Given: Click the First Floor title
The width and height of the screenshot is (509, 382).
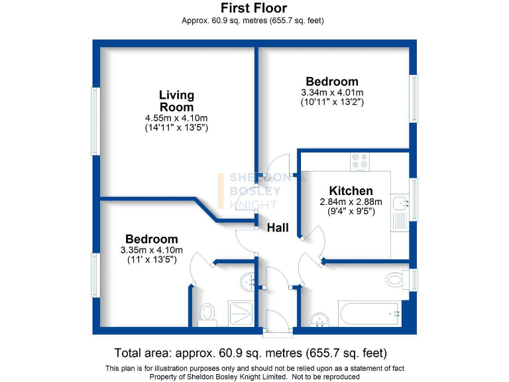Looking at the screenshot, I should tap(254, 8).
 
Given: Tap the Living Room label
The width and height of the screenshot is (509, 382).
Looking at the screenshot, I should tap(176, 101).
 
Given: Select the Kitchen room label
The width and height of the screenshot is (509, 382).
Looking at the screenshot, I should tap(351, 190).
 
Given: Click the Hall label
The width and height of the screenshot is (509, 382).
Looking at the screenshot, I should tap(278, 227).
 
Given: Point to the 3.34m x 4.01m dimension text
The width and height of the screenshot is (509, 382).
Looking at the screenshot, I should tap(332, 92).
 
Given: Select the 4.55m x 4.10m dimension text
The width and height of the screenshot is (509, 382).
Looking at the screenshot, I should tap(176, 118).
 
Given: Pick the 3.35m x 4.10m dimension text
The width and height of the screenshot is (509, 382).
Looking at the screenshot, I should tap(152, 250).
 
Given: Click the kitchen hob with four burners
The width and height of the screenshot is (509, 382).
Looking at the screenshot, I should tap(361, 161).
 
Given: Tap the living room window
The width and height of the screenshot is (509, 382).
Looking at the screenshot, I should tap(95, 121).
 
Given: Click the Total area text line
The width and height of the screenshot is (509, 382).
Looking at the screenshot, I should tap(251, 352).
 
